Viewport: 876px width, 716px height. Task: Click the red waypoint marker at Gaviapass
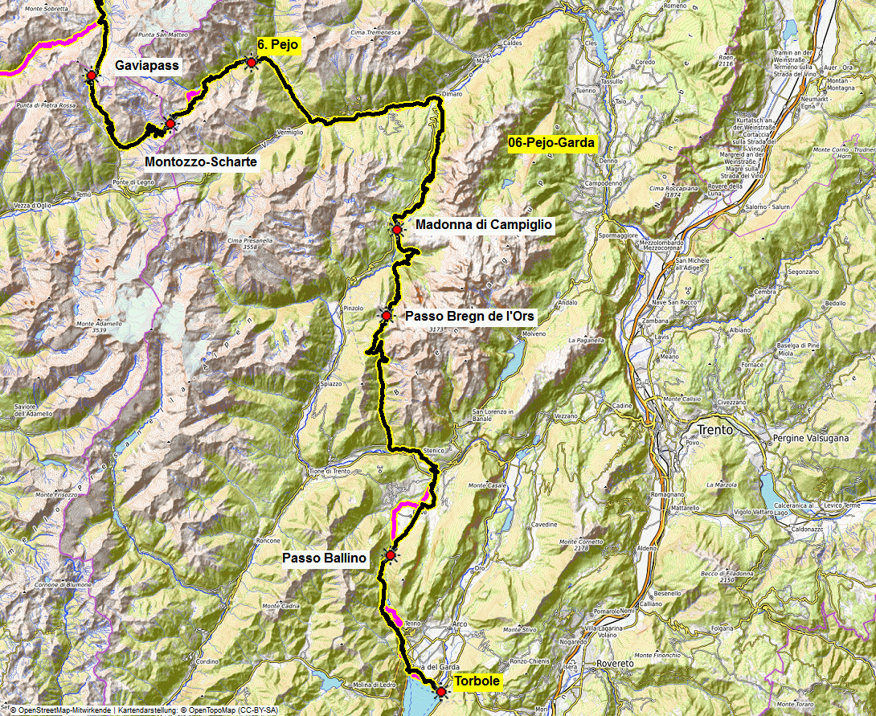pos(92,75)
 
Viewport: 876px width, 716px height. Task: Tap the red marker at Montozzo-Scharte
pos(170,124)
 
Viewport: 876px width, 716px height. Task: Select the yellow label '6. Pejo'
pos(278,45)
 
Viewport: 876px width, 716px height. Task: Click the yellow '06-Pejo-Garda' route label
pos(551,144)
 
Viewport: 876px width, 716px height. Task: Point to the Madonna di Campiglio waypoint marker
pos(396,229)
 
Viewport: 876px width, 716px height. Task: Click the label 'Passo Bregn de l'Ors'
pos(469,316)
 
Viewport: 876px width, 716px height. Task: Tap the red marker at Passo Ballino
pos(391,554)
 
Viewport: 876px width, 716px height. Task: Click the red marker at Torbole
pos(440,691)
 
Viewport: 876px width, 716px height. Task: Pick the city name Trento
pos(715,429)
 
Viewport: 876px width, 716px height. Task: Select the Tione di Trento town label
pos(327,471)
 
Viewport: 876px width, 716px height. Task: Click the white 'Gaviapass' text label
pos(147,65)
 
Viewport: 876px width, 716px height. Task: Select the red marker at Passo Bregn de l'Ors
pos(387,317)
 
